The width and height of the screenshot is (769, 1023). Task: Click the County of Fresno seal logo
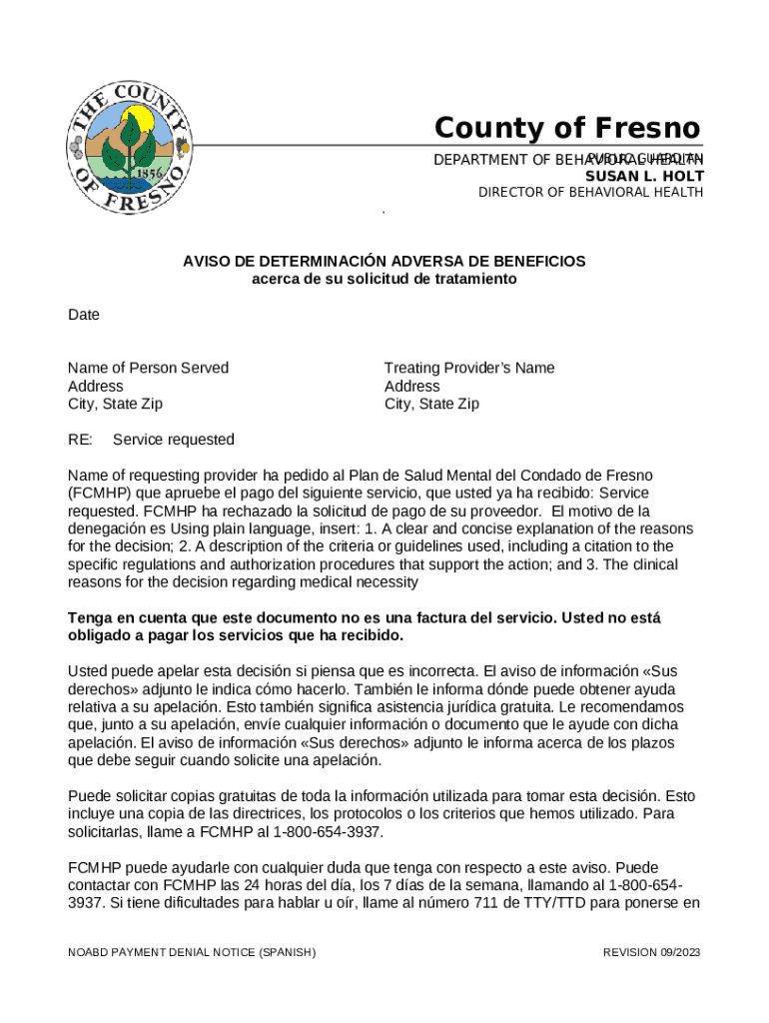[128, 146]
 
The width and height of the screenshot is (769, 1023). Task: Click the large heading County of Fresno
[566, 129]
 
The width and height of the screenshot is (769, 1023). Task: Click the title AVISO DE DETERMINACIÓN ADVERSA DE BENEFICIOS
[384, 262]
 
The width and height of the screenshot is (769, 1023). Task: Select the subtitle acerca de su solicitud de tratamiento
[384, 279]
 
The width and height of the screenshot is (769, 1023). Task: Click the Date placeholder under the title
[84, 315]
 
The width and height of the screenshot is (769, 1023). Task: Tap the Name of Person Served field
[148, 369]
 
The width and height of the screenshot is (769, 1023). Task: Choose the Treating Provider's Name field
[469, 369]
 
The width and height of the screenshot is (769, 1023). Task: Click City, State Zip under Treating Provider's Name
[431, 405]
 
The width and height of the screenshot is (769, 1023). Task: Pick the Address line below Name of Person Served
[96, 387]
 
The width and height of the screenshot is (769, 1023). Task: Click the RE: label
[80, 441]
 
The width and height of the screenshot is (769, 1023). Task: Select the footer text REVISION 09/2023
[651, 953]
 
